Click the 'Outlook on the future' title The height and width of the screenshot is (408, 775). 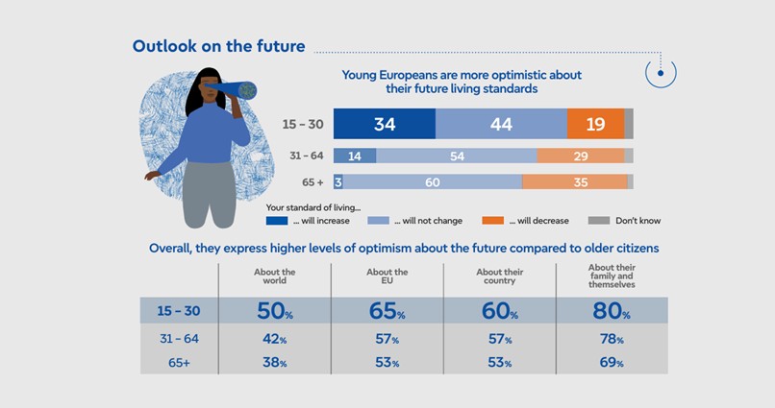click(218, 46)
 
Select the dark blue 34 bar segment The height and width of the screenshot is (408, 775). click(385, 125)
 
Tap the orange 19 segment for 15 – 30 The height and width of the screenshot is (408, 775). click(595, 125)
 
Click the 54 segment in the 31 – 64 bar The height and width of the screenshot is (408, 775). click(457, 156)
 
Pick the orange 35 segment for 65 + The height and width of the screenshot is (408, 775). click(575, 181)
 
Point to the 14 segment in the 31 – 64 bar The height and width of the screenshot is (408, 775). click(355, 156)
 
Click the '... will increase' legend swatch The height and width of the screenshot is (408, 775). click(278, 220)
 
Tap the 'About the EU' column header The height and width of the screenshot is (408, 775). click(387, 276)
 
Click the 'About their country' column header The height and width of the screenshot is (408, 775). click(499, 276)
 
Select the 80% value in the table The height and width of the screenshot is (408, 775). click(612, 311)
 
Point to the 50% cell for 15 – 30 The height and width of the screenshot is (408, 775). click(275, 311)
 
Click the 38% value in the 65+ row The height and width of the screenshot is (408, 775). click(275, 362)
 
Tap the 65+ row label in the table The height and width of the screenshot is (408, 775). click(180, 362)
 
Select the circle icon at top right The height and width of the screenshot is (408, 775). click(661, 71)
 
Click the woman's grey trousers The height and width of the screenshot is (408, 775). click(209, 192)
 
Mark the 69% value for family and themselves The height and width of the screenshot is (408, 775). click(612, 362)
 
